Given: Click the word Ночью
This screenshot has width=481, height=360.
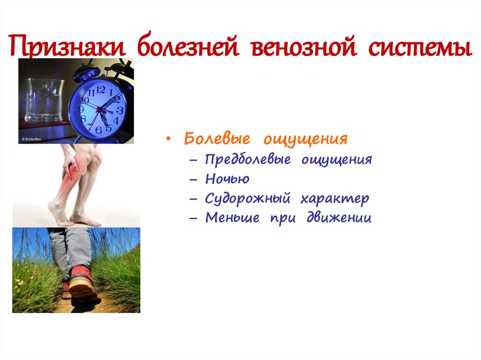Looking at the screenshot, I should pyautogui.click(x=227, y=179).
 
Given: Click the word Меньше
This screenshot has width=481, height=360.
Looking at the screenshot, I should pyautogui.click(x=233, y=218).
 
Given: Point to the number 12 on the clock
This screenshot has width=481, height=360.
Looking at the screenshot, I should pyautogui.click(x=101, y=89).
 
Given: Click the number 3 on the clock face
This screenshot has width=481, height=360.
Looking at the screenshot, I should pyautogui.click(x=120, y=110).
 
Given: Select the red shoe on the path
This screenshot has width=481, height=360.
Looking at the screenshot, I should pyautogui.click(x=81, y=282).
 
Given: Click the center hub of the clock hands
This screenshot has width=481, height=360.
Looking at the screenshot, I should pyautogui.click(x=99, y=110).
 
